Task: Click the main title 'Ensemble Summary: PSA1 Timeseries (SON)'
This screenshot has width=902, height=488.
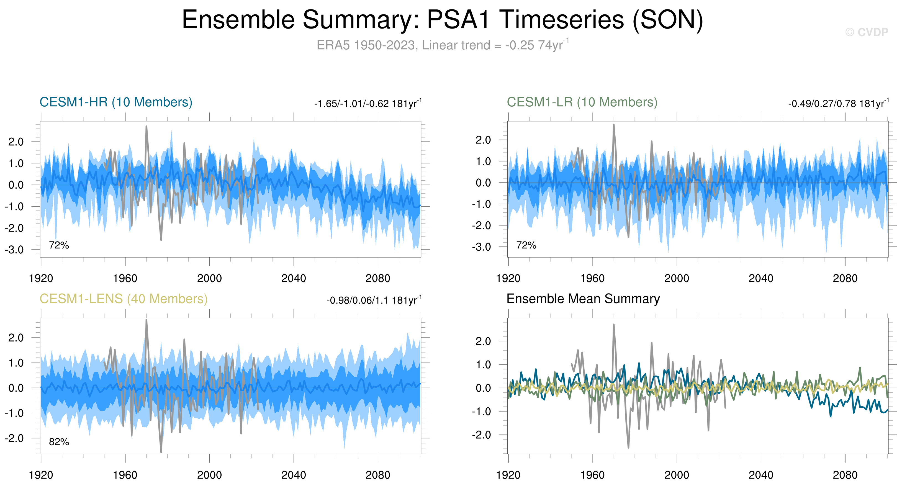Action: (443, 20)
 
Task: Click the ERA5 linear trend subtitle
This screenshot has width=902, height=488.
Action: (443, 45)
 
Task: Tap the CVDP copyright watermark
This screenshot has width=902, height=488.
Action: (867, 32)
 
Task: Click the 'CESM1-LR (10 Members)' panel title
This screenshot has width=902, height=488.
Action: (582, 102)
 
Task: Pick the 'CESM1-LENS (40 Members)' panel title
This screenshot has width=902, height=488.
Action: (123, 299)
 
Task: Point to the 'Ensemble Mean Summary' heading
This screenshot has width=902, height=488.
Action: (583, 299)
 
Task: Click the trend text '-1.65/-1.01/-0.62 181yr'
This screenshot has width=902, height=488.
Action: (368, 104)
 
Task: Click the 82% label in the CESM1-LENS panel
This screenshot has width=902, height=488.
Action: (59, 442)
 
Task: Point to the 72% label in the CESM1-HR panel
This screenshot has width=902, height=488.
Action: (59, 245)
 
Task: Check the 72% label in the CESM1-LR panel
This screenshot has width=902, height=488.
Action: (526, 245)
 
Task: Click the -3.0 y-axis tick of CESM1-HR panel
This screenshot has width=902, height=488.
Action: (14, 250)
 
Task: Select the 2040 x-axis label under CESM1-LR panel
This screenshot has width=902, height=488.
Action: (760, 278)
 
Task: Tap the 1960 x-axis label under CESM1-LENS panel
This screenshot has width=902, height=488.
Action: (125, 475)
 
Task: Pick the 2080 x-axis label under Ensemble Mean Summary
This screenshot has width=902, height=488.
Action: (845, 475)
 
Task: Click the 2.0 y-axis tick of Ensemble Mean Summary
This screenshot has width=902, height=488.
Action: (483, 341)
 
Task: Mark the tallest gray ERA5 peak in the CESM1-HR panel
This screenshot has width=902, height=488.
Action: (147, 127)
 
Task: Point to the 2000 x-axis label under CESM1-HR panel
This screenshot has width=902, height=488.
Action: (209, 278)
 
